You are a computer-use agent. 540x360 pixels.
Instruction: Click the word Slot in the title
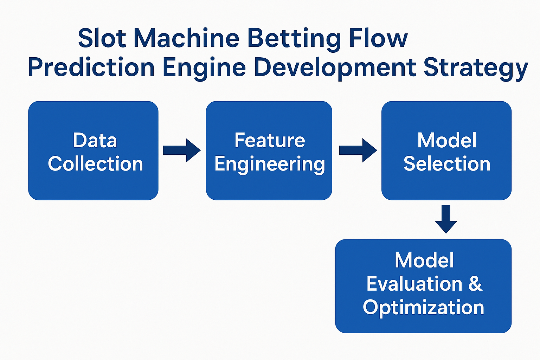(102, 38)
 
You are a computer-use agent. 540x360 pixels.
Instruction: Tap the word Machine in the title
(186, 38)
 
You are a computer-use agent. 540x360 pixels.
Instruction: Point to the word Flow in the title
(378, 38)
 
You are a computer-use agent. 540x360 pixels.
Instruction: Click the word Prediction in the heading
(91, 67)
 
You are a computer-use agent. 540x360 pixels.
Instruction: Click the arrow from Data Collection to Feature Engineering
(182, 150)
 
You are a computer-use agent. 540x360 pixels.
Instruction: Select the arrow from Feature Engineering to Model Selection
(358, 150)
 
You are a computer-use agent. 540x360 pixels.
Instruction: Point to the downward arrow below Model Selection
(446, 219)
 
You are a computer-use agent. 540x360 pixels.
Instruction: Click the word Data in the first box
(95, 140)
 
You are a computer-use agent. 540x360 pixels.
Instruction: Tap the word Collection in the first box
(96, 163)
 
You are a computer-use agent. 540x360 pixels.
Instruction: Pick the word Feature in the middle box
(270, 140)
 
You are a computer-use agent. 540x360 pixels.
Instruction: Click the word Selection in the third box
(447, 163)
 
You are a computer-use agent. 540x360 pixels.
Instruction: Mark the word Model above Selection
(447, 140)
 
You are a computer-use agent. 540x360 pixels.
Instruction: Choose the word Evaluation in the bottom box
(414, 284)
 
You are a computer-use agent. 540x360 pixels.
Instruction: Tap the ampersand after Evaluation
(475, 284)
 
